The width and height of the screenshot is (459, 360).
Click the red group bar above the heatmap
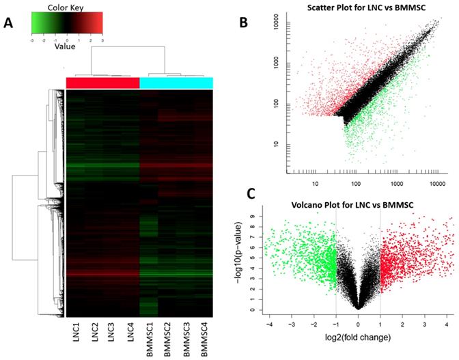pyautogui.click(x=102, y=83)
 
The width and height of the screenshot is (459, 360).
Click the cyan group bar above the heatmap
pyautogui.click(x=176, y=83)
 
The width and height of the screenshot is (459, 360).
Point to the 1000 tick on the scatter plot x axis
pyautogui.click(x=397, y=184)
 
